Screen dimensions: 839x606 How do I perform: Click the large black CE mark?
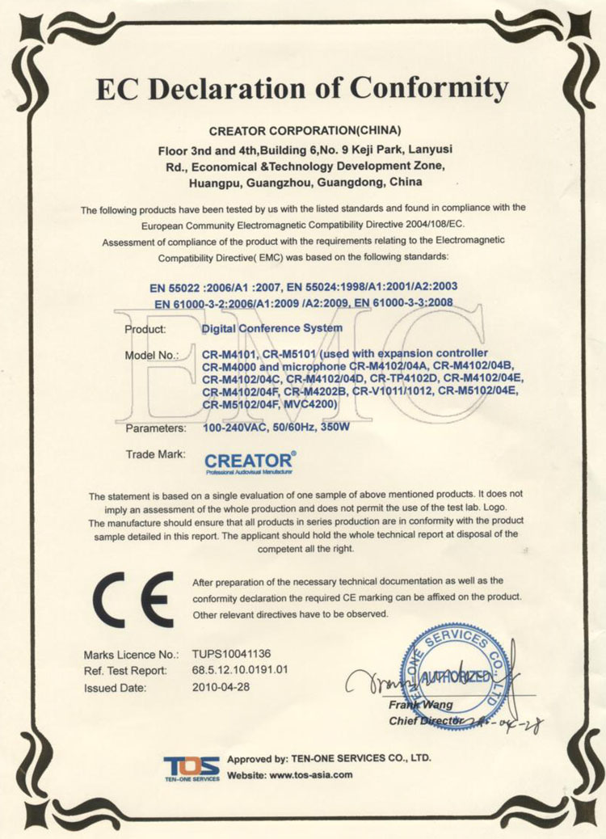[133, 597]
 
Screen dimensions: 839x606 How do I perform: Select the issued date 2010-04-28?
[221, 688]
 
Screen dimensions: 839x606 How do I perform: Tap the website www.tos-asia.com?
[311, 775]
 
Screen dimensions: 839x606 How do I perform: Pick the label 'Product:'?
[145, 329]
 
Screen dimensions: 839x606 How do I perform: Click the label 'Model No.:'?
[151, 356]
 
